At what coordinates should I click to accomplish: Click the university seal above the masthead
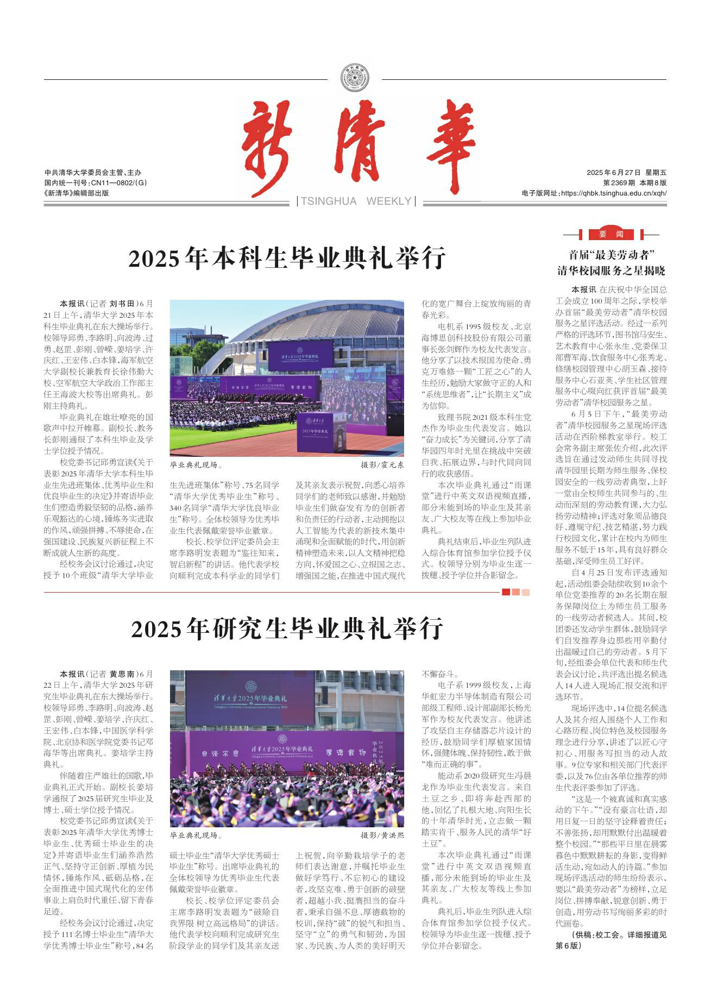(x=355, y=79)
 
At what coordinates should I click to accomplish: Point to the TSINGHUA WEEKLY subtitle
(x=356, y=202)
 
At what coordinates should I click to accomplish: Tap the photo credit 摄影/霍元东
(x=382, y=466)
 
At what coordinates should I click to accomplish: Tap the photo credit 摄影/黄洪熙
(x=382, y=835)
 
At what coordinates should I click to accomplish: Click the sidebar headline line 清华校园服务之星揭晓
(x=611, y=271)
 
